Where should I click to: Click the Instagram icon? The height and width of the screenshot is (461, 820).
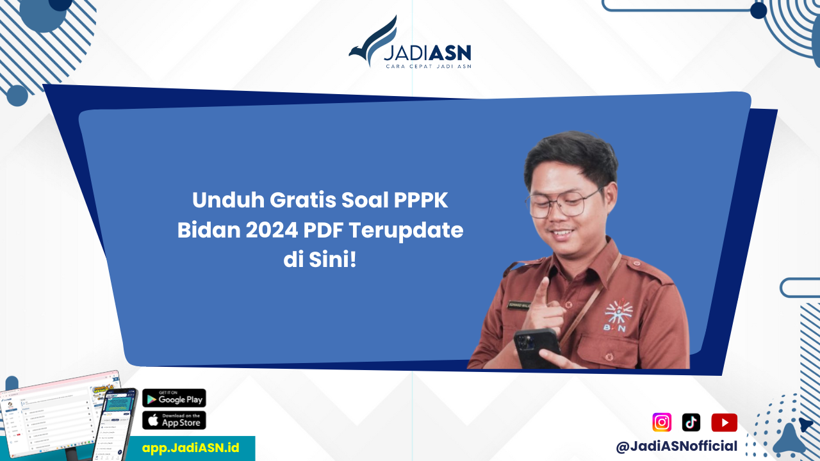662,423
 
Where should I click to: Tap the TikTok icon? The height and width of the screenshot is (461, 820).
691,423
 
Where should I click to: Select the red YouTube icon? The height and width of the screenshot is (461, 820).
724,423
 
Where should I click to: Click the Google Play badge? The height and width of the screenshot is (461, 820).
174,398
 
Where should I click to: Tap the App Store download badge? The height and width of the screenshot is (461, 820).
174,420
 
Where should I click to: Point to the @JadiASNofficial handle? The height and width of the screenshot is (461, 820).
676,446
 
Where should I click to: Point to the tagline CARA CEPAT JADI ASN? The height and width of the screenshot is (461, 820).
428,66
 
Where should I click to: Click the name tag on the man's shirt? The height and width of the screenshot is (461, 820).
518,304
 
